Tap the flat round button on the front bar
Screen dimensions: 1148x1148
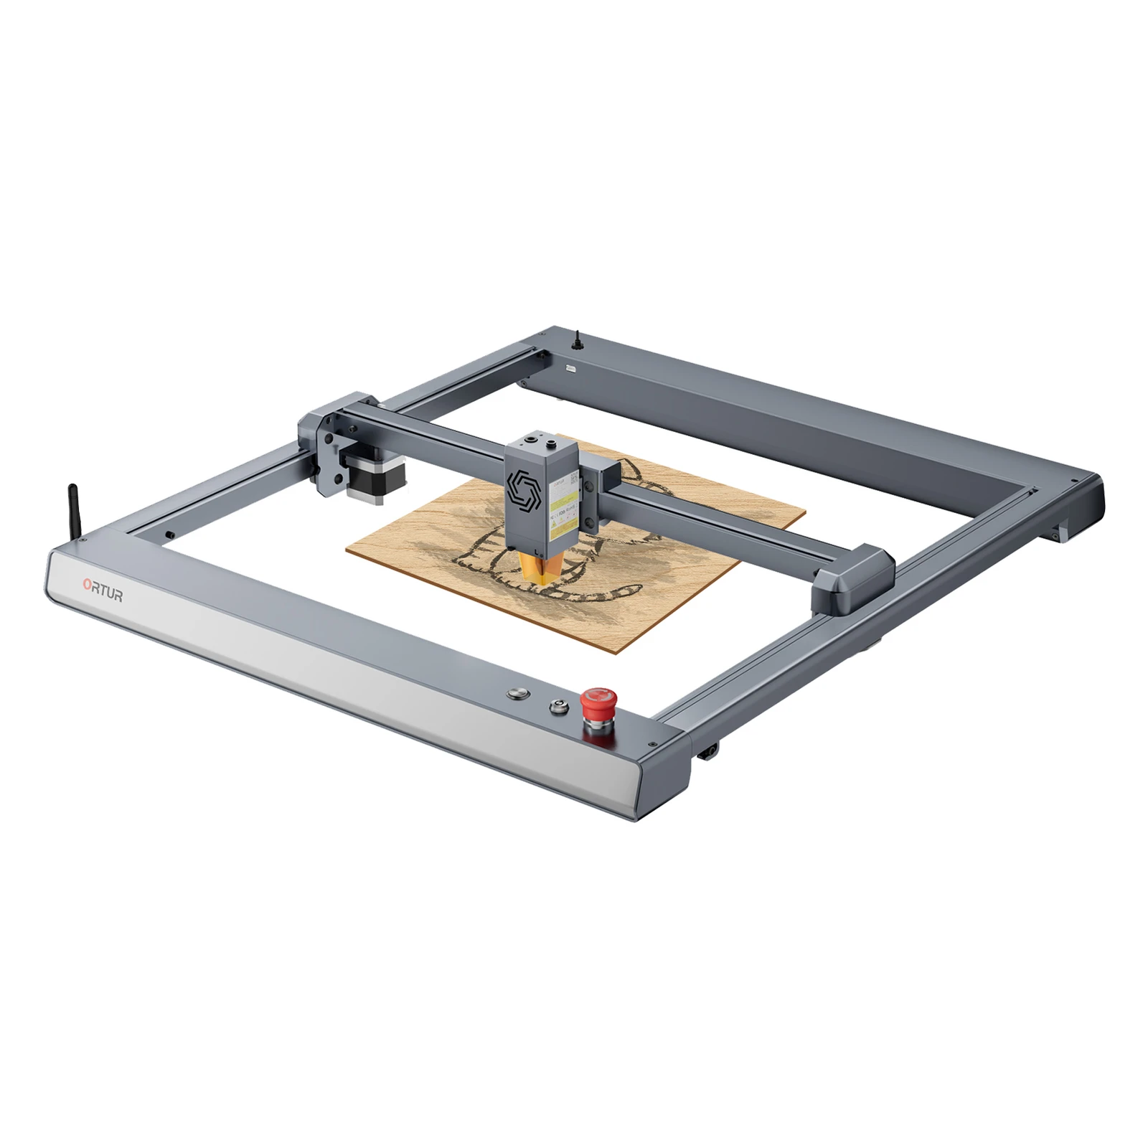tap(517, 694)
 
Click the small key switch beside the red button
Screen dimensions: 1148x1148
tap(557, 706)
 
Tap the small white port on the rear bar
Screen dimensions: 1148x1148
tap(571, 367)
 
